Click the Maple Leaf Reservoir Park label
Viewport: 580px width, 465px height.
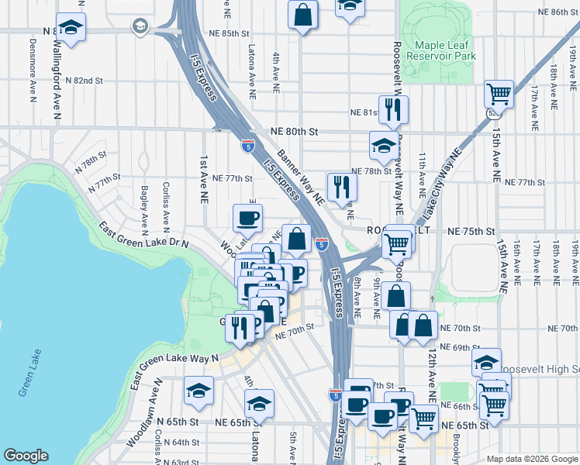(444, 51)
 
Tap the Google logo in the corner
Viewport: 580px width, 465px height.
(26, 456)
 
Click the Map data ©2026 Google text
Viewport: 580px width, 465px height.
(531, 459)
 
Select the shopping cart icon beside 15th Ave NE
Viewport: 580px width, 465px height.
(499, 95)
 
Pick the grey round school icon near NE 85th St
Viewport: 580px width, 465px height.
(140, 26)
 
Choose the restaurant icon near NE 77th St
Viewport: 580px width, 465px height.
(341, 186)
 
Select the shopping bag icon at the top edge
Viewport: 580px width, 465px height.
(302, 14)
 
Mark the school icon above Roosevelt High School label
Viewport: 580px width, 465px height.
(486, 361)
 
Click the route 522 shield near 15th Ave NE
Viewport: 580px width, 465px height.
(493, 112)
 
